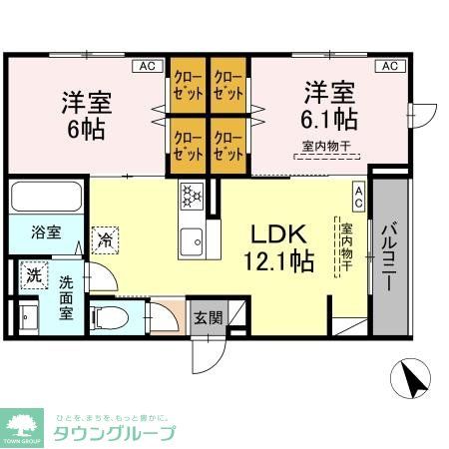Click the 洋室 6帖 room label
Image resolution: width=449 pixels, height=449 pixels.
(86, 115)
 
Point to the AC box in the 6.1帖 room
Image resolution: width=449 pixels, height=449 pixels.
(389, 66)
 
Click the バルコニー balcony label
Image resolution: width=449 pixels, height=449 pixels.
(392, 253)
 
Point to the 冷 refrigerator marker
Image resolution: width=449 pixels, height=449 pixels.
(104, 238)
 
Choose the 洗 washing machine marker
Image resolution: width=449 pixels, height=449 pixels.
(33, 275)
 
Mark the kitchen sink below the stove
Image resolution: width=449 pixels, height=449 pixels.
(191, 239)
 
